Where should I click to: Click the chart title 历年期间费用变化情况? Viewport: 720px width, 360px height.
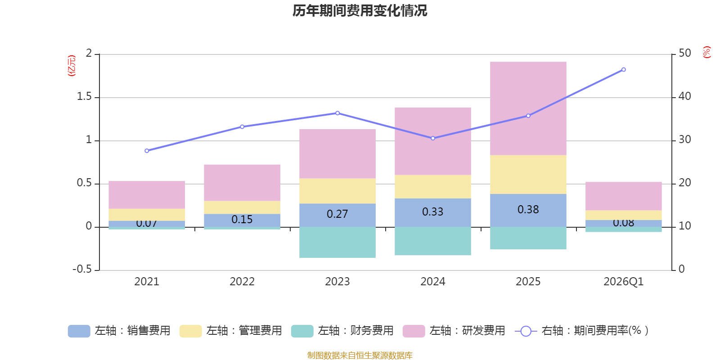(x=360, y=11)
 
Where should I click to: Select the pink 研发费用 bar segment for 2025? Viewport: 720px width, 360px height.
(x=528, y=108)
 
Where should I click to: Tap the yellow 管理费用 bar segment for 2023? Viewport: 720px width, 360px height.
(x=337, y=191)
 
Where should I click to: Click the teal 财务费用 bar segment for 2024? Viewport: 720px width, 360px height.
(x=432, y=241)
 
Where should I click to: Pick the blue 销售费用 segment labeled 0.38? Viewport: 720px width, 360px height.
(x=528, y=210)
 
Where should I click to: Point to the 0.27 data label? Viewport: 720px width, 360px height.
(x=337, y=214)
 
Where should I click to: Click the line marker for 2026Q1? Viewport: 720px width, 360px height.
(x=623, y=70)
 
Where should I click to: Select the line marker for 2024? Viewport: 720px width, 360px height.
(x=433, y=138)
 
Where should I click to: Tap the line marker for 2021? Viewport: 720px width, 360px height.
(x=147, y=151)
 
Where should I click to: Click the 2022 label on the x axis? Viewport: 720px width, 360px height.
(x=242, y=282)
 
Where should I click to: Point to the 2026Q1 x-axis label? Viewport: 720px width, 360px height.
(x=623, y=282)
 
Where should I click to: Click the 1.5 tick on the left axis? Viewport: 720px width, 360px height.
(x=84, y=97)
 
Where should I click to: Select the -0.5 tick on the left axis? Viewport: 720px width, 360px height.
(x=82, y=269)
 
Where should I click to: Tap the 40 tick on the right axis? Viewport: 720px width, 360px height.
(x=684, y=96)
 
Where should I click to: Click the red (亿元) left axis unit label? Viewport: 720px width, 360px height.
(x=71, y=66)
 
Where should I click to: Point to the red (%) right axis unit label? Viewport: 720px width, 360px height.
(x=706, y=52)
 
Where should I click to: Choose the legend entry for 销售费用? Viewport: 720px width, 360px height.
(x=119, y=331)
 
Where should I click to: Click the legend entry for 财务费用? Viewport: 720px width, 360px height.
(x=342, y=331)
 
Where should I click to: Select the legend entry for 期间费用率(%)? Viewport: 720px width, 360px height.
(x=581, y=331)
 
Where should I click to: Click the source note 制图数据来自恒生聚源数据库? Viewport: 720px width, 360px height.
(x=360, y=355)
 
